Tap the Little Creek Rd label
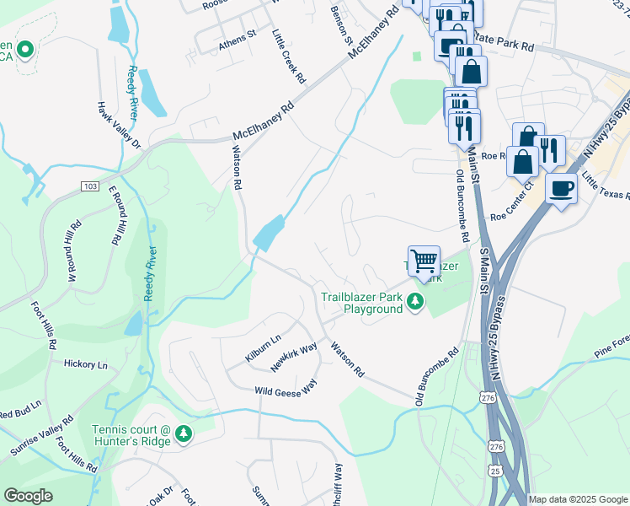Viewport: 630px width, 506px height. pyautogui.click(x=288, y=57)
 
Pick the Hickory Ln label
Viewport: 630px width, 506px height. pyautogui.click(x=86, y=364)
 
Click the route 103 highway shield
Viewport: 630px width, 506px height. pyautogui.click(x=91, y=185)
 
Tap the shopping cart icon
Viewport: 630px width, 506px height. pyautogui.click(x=424, y=261)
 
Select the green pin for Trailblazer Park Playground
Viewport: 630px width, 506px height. pyautogui.click(x=414, y=301)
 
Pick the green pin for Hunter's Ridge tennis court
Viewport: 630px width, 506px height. pyautogui.click(x=183, y=434)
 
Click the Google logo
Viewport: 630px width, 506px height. pyautogui.click(x=29, y=496)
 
